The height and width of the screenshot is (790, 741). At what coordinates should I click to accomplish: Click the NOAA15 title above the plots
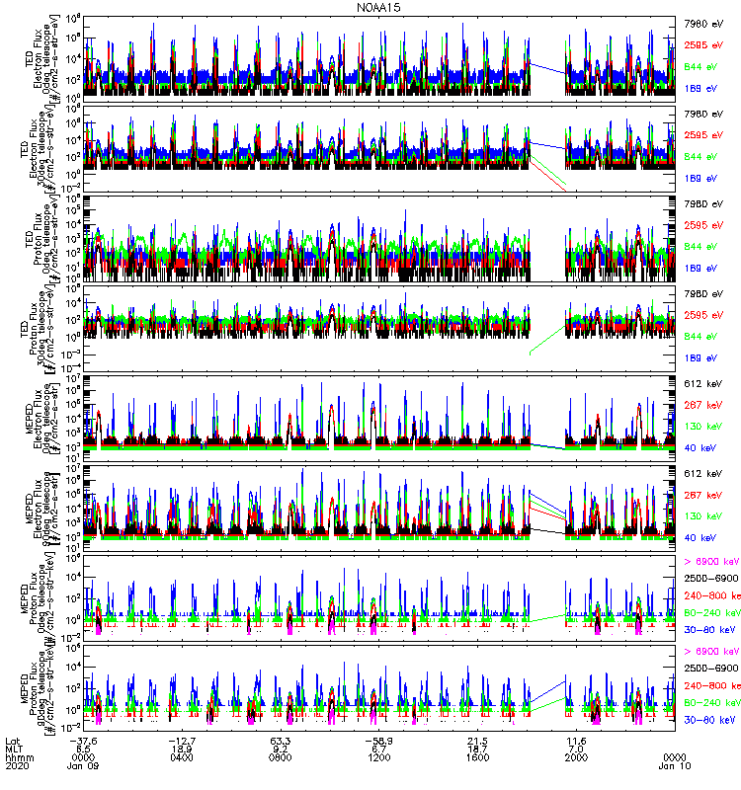click(x=380, y=7)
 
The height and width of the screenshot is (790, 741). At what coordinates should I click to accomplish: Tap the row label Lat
click(x=12, y=742)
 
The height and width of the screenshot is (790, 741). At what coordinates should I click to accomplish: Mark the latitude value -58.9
click(x=378, y=742)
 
